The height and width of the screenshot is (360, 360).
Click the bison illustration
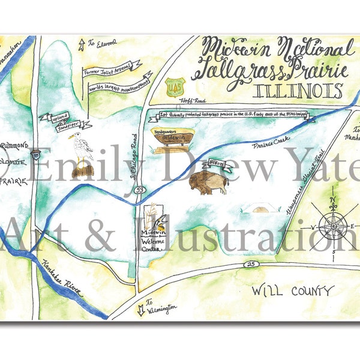209,181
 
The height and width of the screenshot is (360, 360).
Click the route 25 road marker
248,264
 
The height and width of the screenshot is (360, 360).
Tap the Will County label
292,292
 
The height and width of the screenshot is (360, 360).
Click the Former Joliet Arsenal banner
112,69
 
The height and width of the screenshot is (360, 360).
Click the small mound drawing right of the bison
263,208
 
